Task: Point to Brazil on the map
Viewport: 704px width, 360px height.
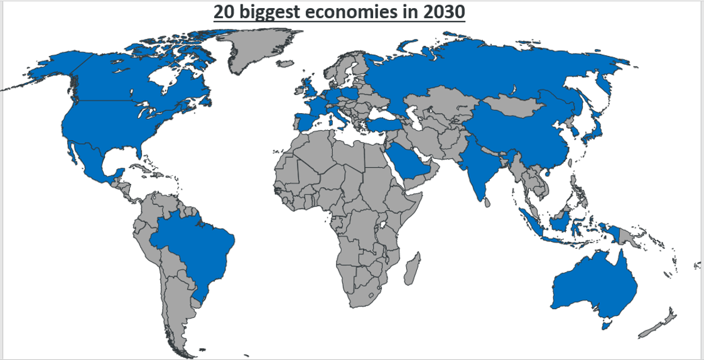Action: (195, 245)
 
